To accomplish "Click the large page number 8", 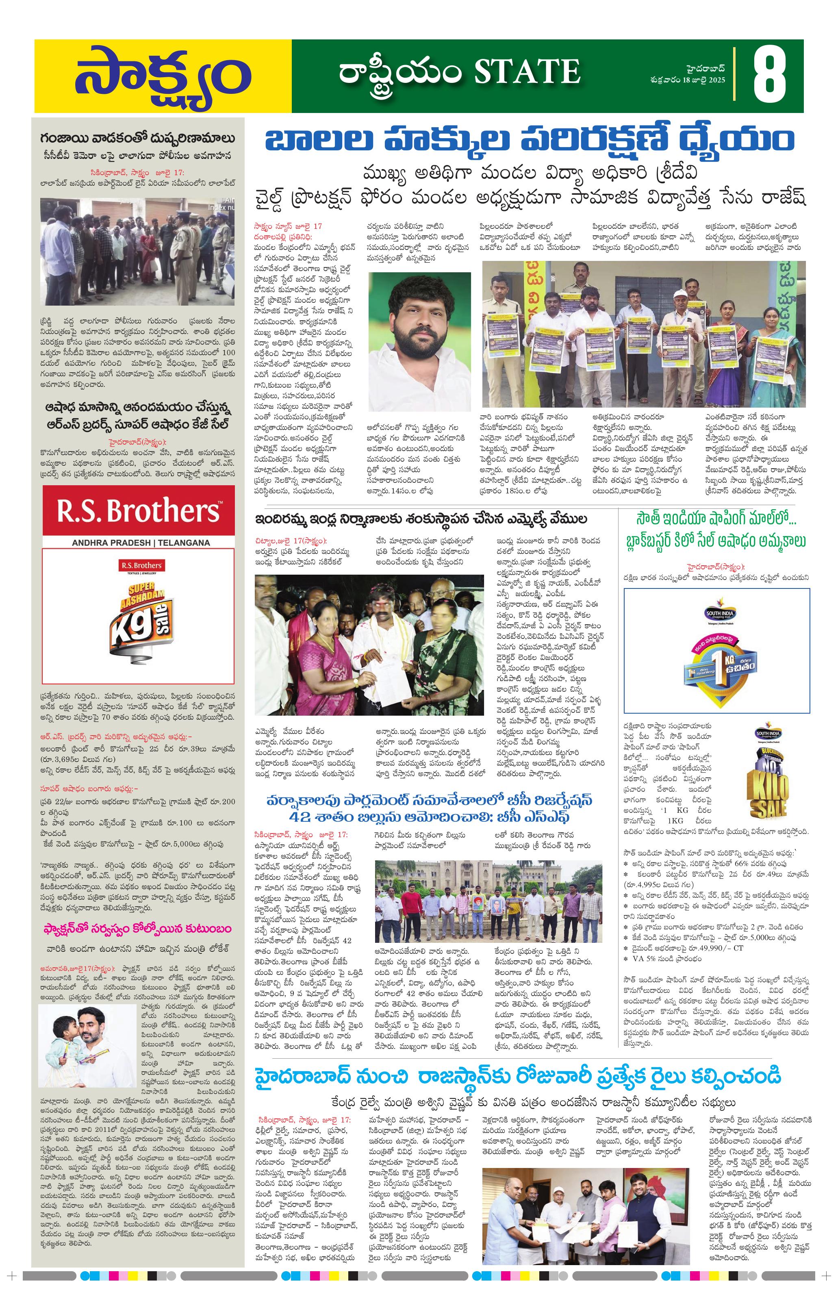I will click(x=769, y=76).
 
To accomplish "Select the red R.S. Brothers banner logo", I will click(x=138, y=511).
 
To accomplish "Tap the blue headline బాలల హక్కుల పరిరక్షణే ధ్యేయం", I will click(x=529, y=140).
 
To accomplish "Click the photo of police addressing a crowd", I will click(x=138, y=252).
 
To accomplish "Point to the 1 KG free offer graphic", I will click(x=716, y=651).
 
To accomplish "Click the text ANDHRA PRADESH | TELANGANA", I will click(x=138, y=543).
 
